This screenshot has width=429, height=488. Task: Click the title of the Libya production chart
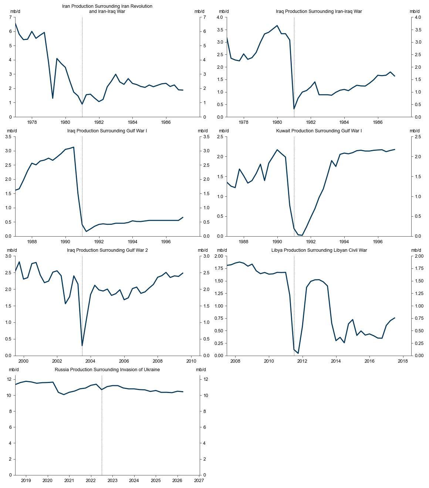coord(319,250)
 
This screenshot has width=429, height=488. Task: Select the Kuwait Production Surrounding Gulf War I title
coord(319,131)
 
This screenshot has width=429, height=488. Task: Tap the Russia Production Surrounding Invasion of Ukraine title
coord(107,370)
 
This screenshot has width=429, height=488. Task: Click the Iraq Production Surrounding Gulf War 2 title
coord(107,250)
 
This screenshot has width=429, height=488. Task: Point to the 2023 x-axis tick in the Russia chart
coord(112,481)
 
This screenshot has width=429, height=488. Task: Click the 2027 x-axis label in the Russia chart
coord(199,481)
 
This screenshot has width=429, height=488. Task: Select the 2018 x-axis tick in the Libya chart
coord(403,361)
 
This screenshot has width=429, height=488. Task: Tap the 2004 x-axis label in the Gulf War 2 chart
coord(90,361)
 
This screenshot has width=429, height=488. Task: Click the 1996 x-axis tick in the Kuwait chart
coord(378,242)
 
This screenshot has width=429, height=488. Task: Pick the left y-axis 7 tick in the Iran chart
coord(11,17)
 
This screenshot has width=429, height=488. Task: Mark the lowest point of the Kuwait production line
coord(302,235)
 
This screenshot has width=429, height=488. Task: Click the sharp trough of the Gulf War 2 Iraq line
coord(82,346)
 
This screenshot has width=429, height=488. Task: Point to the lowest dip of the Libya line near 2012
coord(298,353)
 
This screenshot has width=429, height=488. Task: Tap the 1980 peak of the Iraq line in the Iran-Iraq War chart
coord(277,26)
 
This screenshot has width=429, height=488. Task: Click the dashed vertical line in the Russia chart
coord(102,425)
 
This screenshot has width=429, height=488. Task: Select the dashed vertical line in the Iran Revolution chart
coord(82,67)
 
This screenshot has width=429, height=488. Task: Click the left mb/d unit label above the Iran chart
coord(15,11)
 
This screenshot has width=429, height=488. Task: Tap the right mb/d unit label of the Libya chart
coord(416,250)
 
